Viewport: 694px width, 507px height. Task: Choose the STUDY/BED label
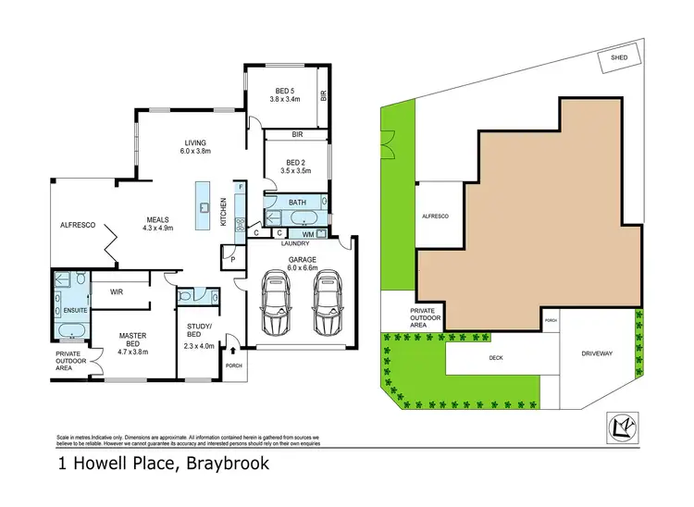tap(200, 332)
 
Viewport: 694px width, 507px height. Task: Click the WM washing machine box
tap(308, 233)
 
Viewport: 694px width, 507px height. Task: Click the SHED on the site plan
tap(619, 58)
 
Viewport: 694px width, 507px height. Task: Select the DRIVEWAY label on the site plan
tap(597, 353)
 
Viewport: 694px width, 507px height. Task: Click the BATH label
tap(296, 202)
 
